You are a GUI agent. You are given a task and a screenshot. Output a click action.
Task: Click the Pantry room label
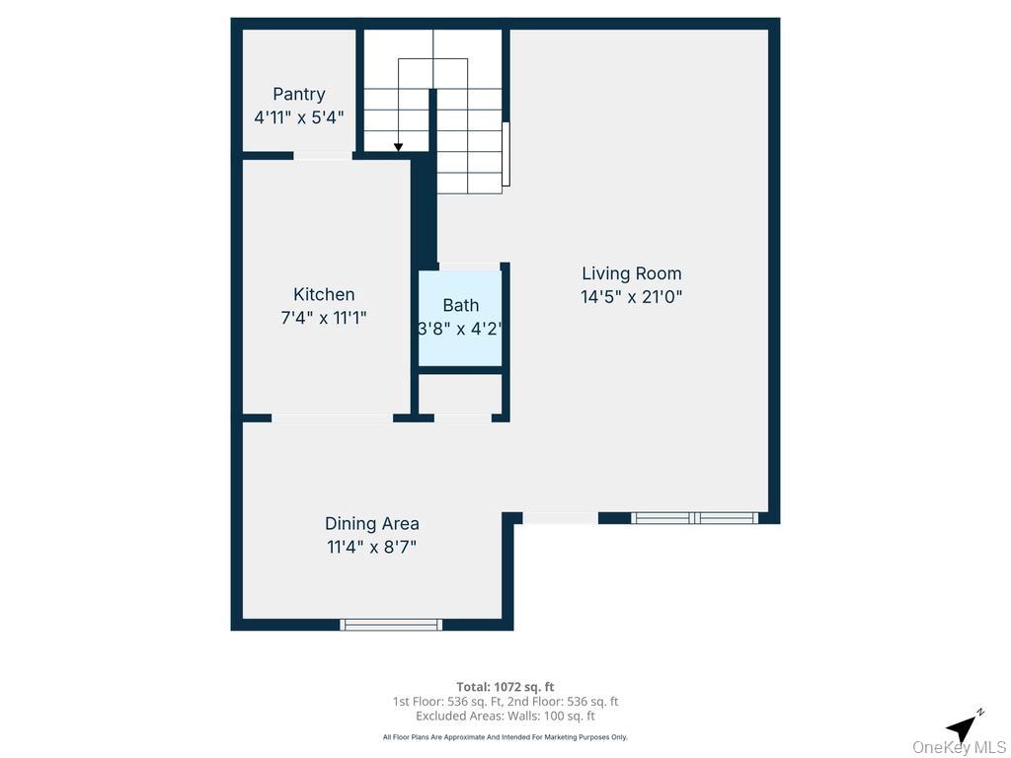pos(298,95)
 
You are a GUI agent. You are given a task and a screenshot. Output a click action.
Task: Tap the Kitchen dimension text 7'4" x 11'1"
pos(324,318)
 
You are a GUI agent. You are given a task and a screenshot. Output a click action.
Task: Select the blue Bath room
pos(460,318)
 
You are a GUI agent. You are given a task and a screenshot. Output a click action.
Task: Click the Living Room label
pos(631,273)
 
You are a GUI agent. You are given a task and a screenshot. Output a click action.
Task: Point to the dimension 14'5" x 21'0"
pos(631,296)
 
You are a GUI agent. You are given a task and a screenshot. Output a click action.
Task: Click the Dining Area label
pos(371,524)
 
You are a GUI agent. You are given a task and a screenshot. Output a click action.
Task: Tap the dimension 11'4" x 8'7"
pos(371,547)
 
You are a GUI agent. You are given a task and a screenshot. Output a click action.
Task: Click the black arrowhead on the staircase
pos(398,147)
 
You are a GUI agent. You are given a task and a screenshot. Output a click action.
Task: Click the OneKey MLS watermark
pos(959,747)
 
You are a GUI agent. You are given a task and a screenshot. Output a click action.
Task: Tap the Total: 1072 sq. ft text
pos(505,687)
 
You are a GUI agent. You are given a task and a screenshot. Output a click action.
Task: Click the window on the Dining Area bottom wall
pos(391,624)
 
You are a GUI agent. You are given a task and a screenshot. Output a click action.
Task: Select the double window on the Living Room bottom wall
pos(694,517)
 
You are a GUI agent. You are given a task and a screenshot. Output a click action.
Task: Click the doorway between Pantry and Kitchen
pos(323,155)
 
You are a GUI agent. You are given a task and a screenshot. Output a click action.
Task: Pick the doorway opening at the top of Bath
pos(468,266)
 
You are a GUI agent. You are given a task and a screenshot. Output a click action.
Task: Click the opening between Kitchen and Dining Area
pos(332,418)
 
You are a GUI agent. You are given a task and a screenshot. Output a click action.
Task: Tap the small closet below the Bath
pos(460,395)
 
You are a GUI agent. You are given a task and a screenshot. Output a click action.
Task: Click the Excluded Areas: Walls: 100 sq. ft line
pos(505,717)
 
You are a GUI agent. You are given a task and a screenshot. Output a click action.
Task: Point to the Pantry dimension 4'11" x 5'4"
pos(298,117)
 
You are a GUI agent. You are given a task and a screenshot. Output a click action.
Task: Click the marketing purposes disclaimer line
pos(505,737)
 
